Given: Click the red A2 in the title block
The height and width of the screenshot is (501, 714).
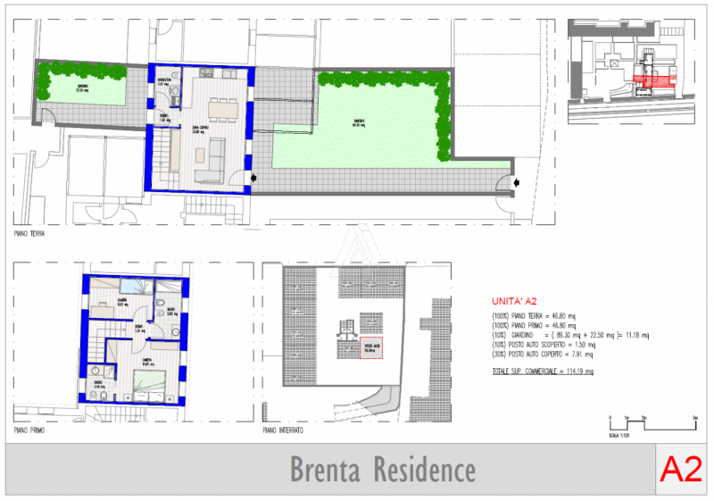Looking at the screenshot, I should [680, 468].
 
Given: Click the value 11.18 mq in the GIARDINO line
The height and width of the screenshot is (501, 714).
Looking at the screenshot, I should [636, 335].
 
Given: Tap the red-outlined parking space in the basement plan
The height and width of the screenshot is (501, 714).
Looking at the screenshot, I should [370, 349].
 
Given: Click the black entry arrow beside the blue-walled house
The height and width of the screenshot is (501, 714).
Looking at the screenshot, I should [256, 180].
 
